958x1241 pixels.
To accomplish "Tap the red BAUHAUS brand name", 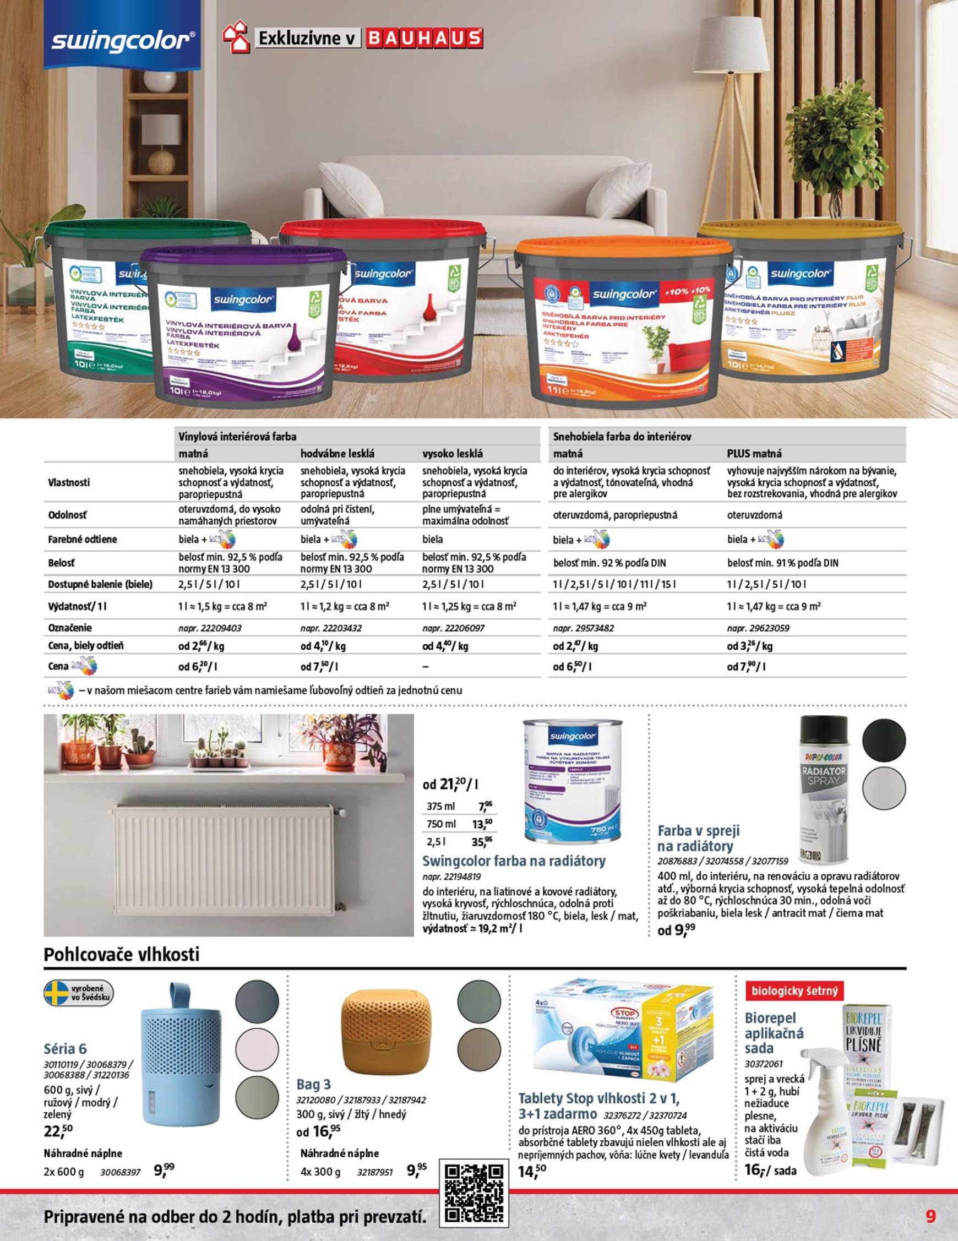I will (x=424, y=39).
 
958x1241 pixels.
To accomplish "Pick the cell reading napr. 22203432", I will (x=331, y=628).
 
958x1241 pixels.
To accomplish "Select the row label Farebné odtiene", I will (x=83, y=539).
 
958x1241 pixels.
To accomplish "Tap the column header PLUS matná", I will (x=754, y=454).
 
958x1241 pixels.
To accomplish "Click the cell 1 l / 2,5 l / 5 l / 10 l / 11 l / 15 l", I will (x=614, y=584).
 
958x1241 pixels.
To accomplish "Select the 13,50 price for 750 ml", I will (x=483, y=824).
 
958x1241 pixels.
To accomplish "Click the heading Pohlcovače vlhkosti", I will (x=122, y=955).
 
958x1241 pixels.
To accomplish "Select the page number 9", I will (x=930, y=1212).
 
